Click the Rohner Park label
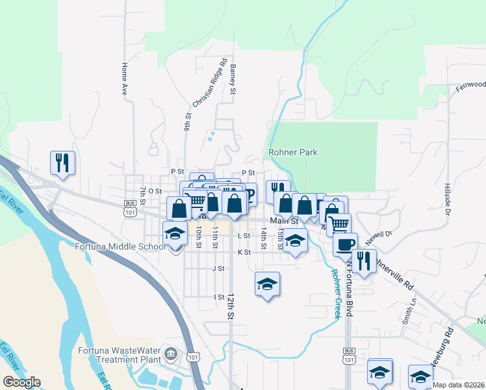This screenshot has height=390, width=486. point(294,152)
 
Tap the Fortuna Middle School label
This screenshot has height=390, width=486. point(120,246)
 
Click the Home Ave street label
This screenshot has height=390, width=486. point(123,79)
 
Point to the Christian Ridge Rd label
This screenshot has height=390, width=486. point(209,84)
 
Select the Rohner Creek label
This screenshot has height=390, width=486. point(335,294)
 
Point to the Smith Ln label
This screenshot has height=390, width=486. point(409,315)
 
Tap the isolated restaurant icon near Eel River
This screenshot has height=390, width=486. point(62,162)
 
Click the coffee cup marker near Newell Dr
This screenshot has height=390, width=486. point(345,244)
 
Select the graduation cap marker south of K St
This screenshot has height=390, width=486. point(266,284)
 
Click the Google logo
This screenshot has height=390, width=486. point(21,382)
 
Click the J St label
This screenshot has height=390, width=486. point(218,268)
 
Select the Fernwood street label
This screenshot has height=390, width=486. point(470,85)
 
